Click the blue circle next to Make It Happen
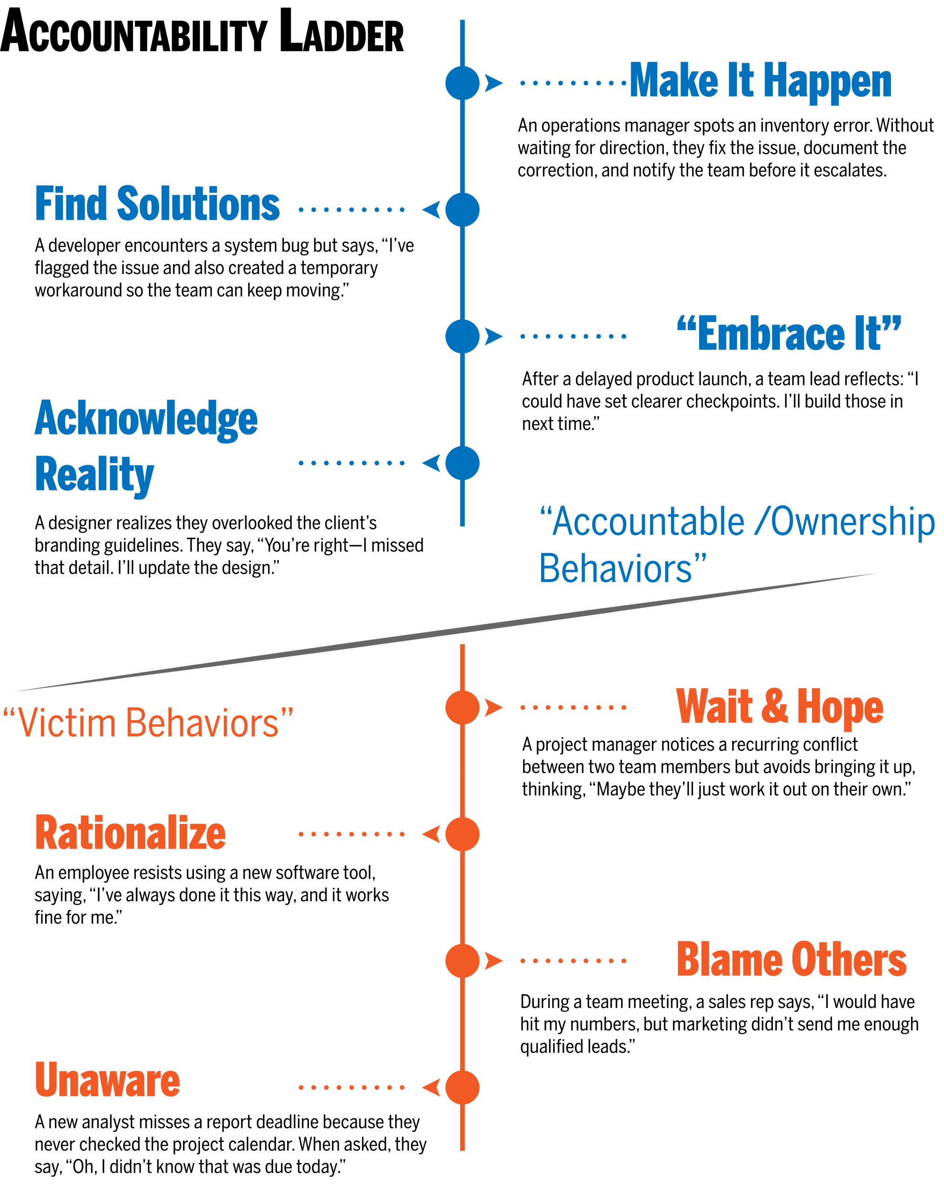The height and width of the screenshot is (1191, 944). (462, 83)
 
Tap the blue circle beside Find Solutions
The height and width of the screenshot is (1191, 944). (462, 209)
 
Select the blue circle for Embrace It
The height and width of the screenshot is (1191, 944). (462, 336)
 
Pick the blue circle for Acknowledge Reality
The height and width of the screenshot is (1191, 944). (462, 463)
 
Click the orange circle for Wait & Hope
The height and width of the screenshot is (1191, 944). (462, 707)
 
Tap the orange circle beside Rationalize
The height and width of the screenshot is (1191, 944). (462, 834)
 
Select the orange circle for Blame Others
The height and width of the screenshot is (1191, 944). (462, 961)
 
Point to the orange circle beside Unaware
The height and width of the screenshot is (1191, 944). (462, 1087)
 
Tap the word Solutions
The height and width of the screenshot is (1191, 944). (198, 204)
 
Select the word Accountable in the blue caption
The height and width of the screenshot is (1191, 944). (648, 522)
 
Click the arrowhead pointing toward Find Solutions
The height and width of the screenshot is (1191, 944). (431, 209)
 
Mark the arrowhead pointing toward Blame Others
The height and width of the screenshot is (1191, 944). (493, 961)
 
